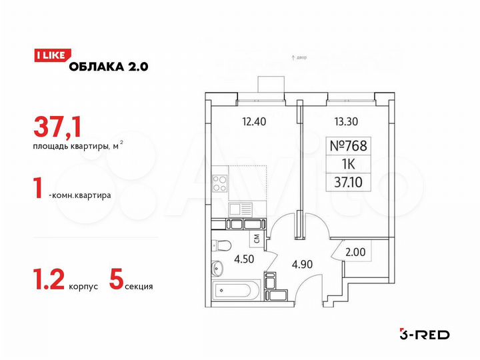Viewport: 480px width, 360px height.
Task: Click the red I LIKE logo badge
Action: click(x=49, y=56)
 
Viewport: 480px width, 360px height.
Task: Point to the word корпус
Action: click(x=83, y=286)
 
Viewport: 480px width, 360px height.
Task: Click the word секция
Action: click(x=139, y=286)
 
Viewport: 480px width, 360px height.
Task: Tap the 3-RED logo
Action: click(x=424, y=334)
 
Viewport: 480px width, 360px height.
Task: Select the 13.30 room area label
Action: click(x=346, y=121)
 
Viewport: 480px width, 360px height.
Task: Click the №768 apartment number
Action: click(x=349, y=145)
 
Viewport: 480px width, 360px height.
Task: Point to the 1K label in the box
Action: click(x=349, y=163)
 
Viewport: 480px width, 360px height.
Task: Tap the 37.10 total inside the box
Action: click(x=349, y=181)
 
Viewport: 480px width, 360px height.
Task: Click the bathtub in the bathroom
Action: click(x=235, y=291)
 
